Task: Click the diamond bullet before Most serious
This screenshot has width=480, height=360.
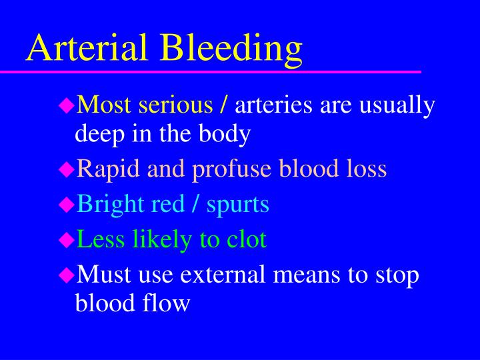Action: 66,105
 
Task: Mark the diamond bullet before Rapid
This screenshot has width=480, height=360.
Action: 66,169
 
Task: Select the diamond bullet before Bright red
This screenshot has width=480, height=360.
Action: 66,204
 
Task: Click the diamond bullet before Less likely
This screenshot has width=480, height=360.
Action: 66,239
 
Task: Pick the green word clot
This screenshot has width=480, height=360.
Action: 245,239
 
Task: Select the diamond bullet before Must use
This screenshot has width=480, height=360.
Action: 66,273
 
